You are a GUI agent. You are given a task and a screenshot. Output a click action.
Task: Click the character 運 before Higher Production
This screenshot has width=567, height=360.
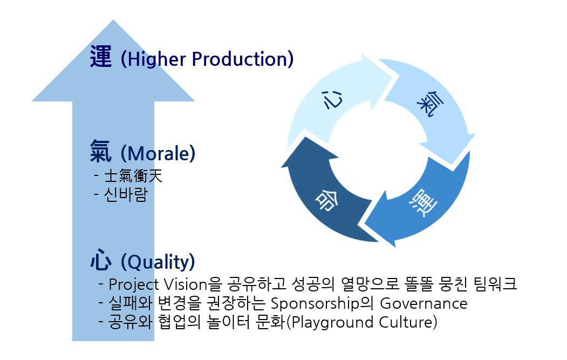coord(101,57)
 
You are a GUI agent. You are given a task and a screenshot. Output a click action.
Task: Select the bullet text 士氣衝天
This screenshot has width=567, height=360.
coord(133,176)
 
